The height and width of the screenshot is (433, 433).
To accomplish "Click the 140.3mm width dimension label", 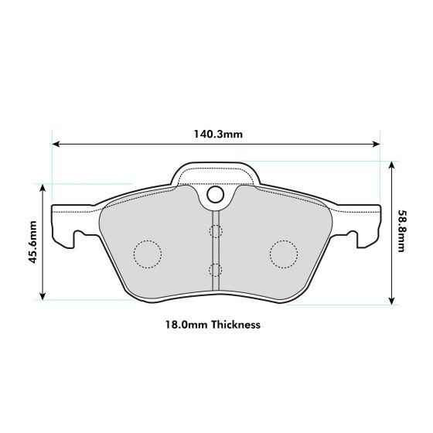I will point(217,134).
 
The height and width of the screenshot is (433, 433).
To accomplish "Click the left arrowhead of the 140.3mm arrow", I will point(55,143).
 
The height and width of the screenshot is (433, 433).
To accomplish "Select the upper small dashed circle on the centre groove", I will point(215,230).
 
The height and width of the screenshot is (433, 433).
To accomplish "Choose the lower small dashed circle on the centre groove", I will point(215,269).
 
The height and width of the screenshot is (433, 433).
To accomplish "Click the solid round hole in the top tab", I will point(215,196).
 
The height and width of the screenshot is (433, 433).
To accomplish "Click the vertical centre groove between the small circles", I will point(215,250).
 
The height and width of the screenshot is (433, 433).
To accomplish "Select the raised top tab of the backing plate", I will point(215,174).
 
